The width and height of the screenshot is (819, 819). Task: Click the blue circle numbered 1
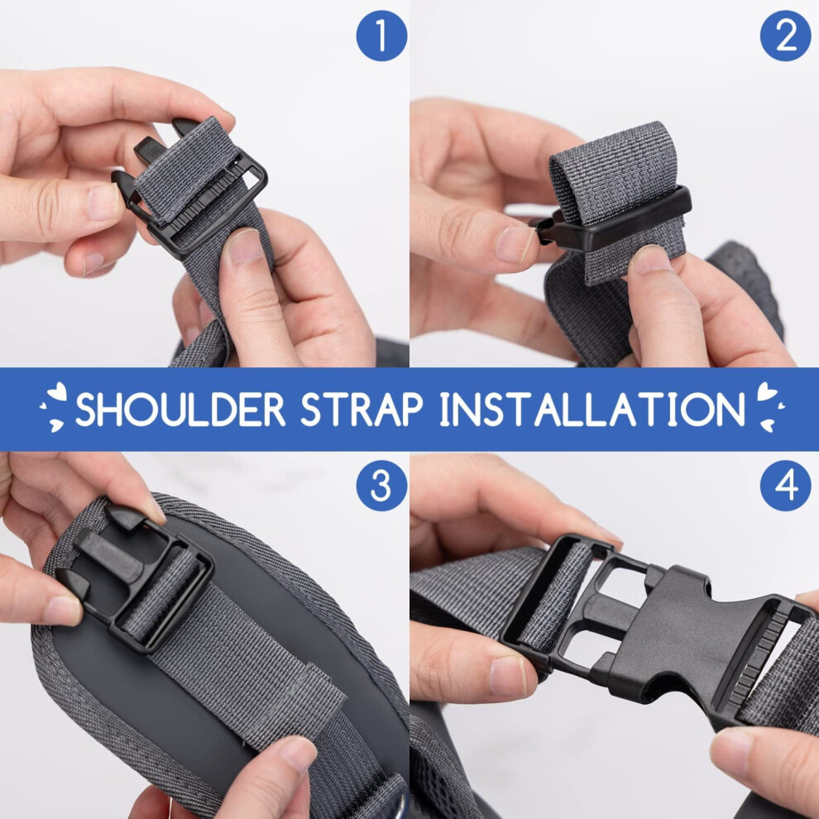point(381,36)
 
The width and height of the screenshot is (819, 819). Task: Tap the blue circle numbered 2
point(786,36)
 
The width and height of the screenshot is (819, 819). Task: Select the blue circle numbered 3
point(381,486)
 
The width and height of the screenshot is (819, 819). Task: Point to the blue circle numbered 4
point(786,486)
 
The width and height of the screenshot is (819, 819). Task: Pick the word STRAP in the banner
point(362,409)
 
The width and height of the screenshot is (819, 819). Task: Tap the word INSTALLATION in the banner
point(592,409)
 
